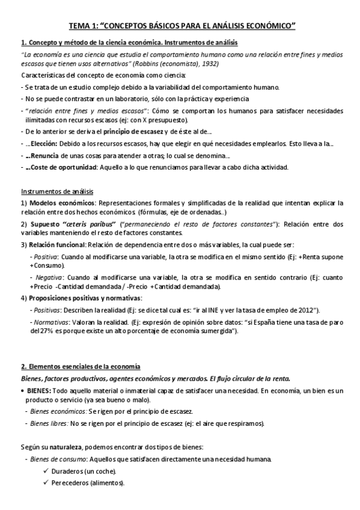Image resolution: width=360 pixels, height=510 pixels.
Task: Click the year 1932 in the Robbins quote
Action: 210,63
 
